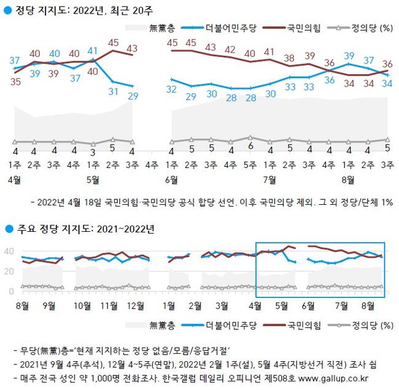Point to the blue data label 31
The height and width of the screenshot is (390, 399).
[113, 91]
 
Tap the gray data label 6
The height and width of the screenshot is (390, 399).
[250, 147]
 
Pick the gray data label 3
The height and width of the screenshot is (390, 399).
[93, 151]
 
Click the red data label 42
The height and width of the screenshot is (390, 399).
[230, 49]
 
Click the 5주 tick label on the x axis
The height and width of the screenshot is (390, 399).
[250, 165]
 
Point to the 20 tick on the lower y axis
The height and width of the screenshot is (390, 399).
[9, 271]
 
